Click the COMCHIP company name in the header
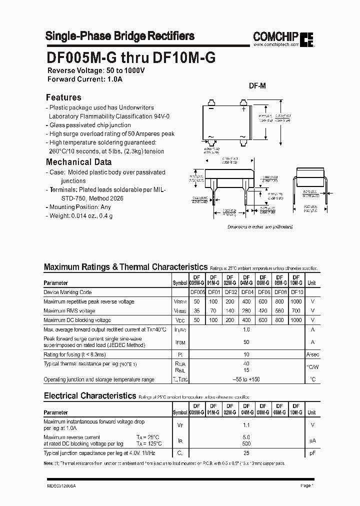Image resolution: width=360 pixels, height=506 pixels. (276, 36)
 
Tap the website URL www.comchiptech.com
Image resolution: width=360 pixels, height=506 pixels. (276, 45)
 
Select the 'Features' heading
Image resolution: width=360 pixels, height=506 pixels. (63, 97)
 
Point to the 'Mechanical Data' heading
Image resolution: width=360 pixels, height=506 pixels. (78, 162)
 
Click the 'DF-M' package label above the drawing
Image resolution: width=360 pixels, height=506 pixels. (257, 86)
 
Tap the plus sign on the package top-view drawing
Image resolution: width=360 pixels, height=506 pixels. (243, 108)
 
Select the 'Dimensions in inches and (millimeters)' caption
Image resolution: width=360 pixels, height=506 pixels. (259, 226)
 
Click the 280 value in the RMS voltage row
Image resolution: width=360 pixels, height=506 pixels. (245, 311)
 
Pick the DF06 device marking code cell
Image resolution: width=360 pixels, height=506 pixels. (263, 292)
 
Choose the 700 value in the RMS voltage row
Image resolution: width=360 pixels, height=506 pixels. (296, 311)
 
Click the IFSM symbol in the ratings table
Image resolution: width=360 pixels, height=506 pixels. (180, 342)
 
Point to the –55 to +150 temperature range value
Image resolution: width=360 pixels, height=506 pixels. (245, 379)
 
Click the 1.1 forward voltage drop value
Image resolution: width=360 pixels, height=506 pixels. (245, 425)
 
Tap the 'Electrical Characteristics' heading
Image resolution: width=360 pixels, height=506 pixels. (89, 395)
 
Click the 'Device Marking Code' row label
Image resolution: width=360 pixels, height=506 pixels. (67, 292)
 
